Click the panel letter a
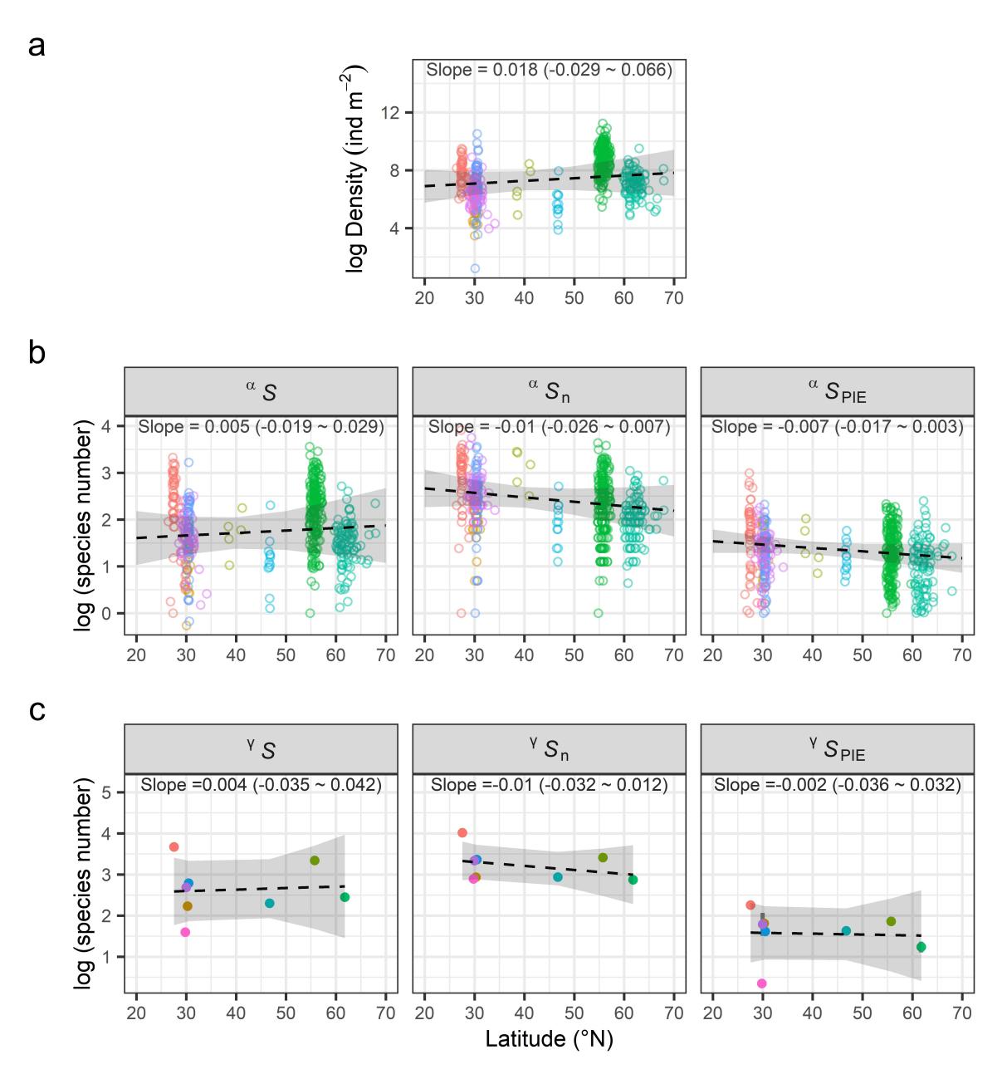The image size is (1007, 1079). click(37, 47)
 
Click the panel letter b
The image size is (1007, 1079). click(37, 354)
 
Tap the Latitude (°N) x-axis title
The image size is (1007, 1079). click(549, 1038)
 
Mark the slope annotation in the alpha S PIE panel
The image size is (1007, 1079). click(837, 428)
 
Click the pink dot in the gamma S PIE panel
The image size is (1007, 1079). click(761, 983)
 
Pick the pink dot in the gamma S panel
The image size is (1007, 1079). click(185, 932)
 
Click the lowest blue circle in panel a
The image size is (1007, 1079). click(474, 268)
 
